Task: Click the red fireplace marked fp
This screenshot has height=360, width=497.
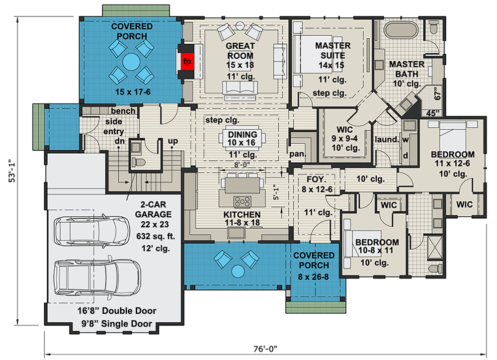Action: click(187, 61)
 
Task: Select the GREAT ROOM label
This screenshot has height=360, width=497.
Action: click(240, 51)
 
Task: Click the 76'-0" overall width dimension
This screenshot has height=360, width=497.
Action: click(265, 349)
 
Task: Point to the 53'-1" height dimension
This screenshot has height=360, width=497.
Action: click(12, 171)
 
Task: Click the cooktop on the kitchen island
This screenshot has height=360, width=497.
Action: click(242, 201)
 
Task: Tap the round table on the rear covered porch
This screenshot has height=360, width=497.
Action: click(131, 62)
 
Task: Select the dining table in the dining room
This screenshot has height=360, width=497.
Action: click(242, 139)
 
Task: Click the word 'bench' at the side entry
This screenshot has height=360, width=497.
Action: click(123, 111)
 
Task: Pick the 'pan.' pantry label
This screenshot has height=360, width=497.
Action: click(298, 154)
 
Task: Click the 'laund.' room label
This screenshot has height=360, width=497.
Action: click(387, 140)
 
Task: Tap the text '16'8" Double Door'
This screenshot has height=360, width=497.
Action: click(117, 311)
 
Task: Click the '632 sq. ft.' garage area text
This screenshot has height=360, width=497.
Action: click(156, 236)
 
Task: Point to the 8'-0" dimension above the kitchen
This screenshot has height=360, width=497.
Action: click(242, 165)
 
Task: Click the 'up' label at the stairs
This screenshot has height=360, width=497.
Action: click(173, 141)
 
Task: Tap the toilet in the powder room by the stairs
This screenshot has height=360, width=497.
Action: click(138, 163)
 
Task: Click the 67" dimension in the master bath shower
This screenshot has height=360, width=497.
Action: click(437, 93)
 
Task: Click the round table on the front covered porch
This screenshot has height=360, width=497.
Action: click(238, 271)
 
